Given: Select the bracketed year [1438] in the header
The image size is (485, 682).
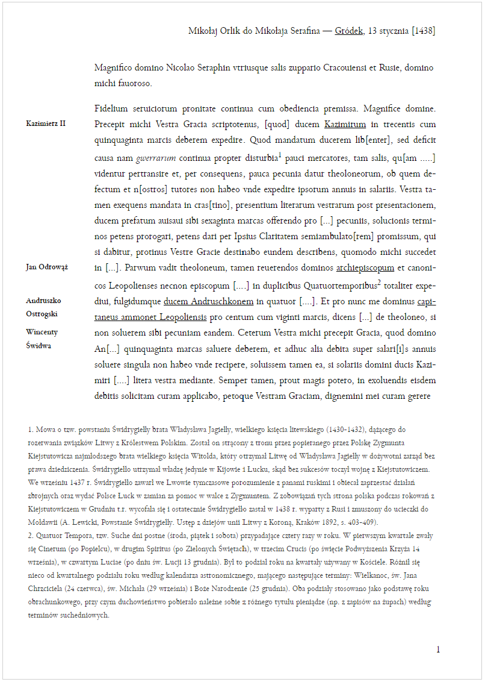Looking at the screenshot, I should click(x=424, y=31).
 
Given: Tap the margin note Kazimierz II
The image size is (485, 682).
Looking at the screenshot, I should click(x=46, y=124).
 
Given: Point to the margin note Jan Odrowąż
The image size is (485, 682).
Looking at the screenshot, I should click(x=46, y=267).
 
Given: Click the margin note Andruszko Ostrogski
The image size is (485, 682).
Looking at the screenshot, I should click(x=43, y=307).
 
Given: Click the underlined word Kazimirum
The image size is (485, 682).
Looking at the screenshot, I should click(x=345, y=125).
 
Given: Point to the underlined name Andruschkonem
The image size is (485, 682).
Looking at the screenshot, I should click(x=217, y=300).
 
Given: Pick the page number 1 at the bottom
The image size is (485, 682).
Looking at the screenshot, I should click(x=438, y=649).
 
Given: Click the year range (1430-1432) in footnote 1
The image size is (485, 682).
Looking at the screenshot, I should click(x=347, y=430).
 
